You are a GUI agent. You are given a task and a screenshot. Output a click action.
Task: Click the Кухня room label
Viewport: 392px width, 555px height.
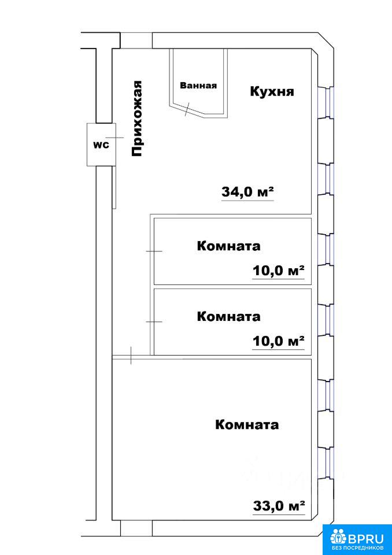coord(272,92)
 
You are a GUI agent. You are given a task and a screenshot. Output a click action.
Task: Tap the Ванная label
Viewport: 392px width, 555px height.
coord(198,86)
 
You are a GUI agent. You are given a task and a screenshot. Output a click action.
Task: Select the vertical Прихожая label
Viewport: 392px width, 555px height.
coord(136,118)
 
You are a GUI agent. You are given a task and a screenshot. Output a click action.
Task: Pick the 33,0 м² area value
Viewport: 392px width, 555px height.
coord(279,505)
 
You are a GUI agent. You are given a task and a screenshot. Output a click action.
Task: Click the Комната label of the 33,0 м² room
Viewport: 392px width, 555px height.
coord(247,424)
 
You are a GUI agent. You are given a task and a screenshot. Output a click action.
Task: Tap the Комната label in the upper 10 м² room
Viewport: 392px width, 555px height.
coord(228,246)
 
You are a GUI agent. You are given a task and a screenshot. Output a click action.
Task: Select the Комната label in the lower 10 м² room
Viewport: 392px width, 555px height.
coord(228,316)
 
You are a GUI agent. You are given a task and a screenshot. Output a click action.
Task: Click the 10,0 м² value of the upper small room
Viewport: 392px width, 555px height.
coord(279,272)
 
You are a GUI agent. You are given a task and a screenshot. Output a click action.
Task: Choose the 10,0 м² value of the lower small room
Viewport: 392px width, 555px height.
coord(279,342)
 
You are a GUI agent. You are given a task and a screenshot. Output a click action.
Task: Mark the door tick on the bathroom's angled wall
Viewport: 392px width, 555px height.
coord(187,109)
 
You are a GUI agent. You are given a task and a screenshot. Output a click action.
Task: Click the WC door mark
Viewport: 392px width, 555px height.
coord(116,138)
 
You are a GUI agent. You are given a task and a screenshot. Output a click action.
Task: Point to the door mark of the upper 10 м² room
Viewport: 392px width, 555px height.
coord(154,251)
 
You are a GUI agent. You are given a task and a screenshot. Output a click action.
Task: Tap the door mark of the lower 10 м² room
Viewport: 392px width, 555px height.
coord(154,322)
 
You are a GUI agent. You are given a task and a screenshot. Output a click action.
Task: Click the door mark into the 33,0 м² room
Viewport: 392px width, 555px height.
coord(131,356)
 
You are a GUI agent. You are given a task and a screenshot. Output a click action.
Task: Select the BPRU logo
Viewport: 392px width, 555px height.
coord(357,539)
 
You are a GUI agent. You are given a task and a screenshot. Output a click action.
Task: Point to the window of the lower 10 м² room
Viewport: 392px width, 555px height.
coord(326,321)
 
